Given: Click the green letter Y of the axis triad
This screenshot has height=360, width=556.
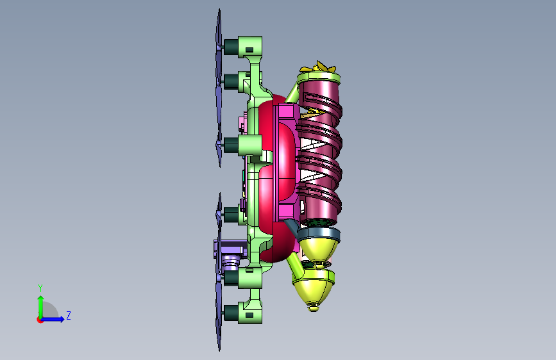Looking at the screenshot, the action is pos(40,288).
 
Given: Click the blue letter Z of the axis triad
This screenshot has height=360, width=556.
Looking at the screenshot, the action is pos(69,315).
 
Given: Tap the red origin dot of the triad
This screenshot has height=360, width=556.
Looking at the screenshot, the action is pos(40,320).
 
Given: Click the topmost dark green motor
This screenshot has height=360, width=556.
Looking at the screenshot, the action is pos(231,47).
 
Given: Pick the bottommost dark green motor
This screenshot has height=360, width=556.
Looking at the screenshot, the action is pos(231,313).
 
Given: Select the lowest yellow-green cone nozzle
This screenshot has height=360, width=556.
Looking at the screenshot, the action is pos(313,289).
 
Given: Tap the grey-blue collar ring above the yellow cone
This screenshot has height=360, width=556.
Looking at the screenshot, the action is pos(319,233).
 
